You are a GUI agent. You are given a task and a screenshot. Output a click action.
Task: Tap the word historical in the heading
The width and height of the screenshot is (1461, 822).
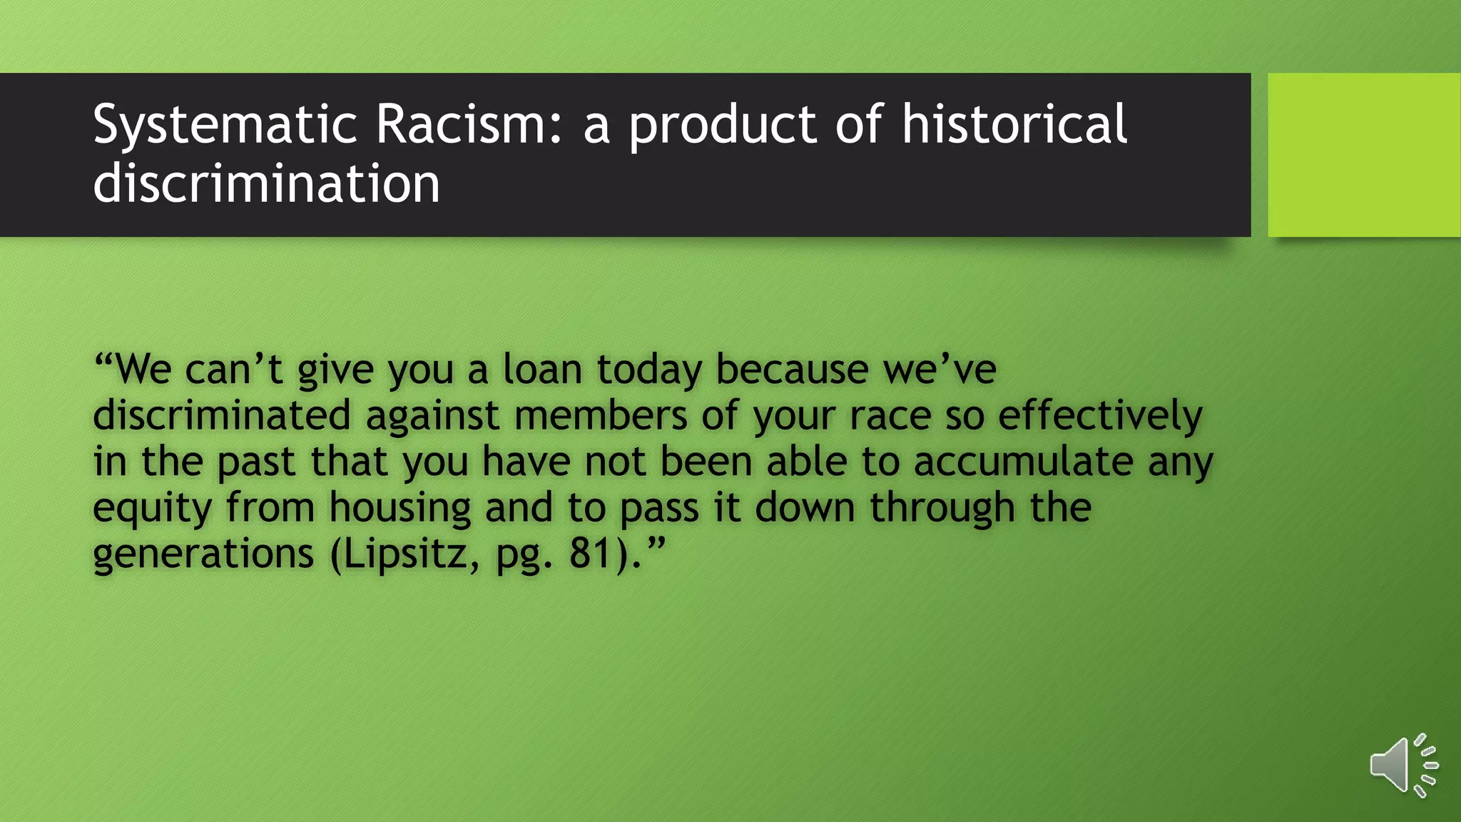1014,125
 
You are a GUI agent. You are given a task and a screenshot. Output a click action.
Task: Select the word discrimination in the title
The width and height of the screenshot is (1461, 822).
266,183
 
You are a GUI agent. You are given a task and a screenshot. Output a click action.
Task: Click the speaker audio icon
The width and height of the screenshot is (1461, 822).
1403,766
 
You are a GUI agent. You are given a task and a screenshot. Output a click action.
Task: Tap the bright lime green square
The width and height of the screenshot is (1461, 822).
1364,155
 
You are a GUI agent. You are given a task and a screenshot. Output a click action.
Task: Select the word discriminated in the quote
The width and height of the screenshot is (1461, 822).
222,415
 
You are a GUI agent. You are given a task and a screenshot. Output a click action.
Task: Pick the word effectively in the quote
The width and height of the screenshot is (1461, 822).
1100,417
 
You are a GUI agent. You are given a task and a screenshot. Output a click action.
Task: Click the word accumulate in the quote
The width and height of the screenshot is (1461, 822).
1023,462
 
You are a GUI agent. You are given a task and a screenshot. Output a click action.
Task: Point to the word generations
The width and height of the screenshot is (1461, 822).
203,554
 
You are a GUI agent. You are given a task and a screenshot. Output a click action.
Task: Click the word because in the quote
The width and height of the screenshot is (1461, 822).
791,370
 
